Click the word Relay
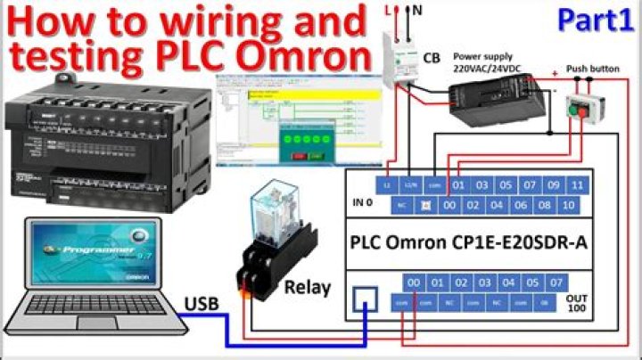(308, 287)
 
